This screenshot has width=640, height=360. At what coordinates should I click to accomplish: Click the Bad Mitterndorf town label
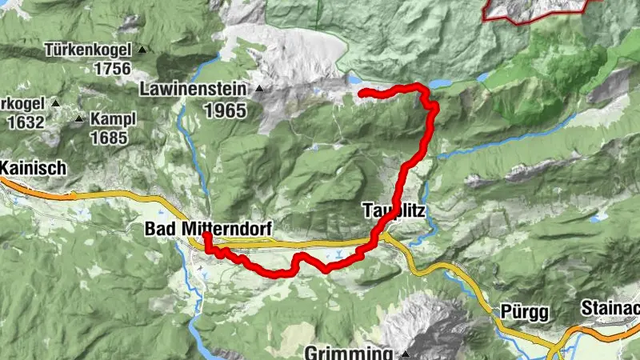tap(208, 230)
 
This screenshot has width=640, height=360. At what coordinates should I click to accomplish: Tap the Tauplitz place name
tap(393, 212)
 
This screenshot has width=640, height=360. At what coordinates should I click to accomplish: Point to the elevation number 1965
tap(225, 110)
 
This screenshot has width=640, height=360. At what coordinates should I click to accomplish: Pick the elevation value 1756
tap(112, 69)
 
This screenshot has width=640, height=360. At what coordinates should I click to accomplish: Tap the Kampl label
tap(114, 119)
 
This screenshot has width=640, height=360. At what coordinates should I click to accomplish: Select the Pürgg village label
tap(515, 310)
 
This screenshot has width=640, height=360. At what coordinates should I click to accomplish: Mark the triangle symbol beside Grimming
tap(406, 354)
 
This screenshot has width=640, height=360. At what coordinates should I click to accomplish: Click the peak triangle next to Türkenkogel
tap(142, 50)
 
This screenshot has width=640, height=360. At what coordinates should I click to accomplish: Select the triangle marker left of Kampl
tap(79, 119)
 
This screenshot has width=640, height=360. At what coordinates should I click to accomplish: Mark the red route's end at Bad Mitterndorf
tap(206, 236)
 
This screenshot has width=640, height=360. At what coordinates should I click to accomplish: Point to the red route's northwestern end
tap(361, 94)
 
